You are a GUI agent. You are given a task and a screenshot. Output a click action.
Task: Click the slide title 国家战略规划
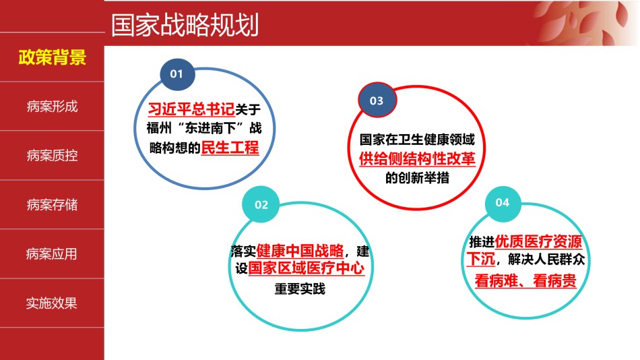coord(185,25)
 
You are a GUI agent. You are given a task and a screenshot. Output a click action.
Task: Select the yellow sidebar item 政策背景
coord(53,57)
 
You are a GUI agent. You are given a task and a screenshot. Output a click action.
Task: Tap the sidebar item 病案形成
coord(53,107)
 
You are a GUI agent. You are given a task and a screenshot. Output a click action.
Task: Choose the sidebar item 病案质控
coord(53,156)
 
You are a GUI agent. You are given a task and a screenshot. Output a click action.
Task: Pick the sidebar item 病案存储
coord(53,205)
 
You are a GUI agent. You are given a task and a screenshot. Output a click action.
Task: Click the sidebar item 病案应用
coord(51,254)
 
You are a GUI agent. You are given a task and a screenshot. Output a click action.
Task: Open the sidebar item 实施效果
coord(51,303)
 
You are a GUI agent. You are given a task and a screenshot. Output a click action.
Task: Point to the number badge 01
coord(177,74)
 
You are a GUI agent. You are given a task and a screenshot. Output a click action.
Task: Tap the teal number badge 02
coord(261,204)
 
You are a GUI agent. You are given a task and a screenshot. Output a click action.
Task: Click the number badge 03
coord(377,100)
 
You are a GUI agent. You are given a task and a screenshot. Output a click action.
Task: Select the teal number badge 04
coord(503,203)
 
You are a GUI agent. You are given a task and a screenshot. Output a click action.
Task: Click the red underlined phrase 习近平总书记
coord(191,109)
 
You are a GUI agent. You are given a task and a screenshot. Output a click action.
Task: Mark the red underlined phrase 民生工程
coord(230,148)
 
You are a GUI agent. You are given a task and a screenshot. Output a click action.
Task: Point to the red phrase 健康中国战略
coord(300,251)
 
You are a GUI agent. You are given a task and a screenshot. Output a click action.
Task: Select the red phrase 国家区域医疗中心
coord(306,268)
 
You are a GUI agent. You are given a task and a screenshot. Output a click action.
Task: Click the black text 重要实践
coord(300,289)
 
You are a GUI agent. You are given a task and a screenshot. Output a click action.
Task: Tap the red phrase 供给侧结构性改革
coord(417,158)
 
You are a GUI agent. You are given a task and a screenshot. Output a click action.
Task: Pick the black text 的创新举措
coord(417,178)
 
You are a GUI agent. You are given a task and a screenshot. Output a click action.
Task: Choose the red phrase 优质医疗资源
coord(538,241)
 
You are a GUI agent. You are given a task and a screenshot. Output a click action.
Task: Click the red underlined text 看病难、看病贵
coord(525,280)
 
